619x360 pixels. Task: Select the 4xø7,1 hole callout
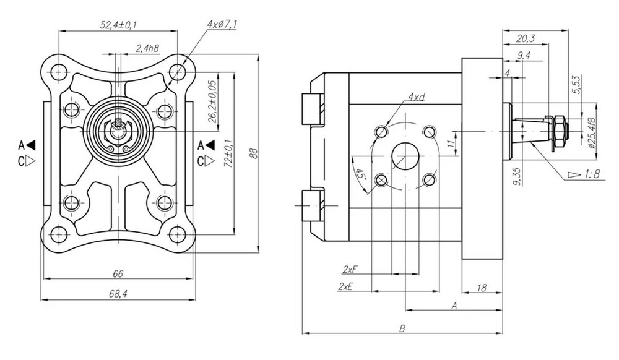[x=221, y=24]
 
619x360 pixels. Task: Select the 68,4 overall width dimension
[x=118, y=294]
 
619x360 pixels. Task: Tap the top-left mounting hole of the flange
[x=58, y=71]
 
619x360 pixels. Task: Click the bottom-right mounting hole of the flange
[x=178, y=234]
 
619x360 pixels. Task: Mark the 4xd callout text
[x=416, y=97]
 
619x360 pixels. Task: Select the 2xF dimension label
[x=350, y=269]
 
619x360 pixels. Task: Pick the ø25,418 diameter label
[x=591, y=134]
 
